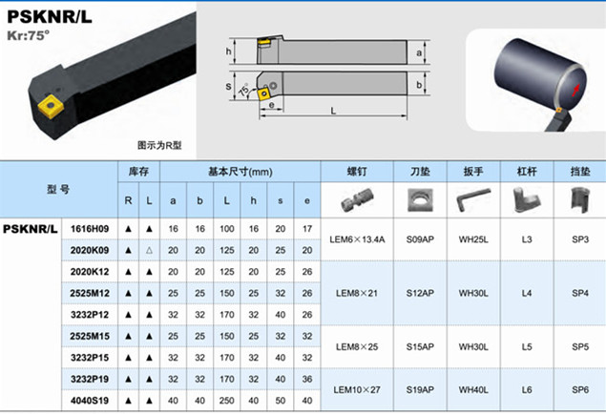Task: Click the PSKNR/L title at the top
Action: (50, 16)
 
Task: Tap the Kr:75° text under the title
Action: (29, 35)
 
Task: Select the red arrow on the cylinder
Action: (575, 90)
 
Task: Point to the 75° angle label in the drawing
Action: (244, 90)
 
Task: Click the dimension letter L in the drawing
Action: (333, 111)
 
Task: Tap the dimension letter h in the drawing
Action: (228, 52)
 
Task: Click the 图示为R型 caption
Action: (159, 145)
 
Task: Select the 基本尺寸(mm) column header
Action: (240, 172)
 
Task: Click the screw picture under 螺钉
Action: (357, 199)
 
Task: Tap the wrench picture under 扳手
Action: (473, 199)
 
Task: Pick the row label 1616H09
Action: (90, 229)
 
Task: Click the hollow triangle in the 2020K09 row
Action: (149, 250)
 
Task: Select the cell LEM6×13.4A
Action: (357, 239)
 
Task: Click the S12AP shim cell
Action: (420, 293)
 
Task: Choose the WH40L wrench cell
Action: (473, 389)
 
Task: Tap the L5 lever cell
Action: (527, 347)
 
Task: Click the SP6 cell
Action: (580, 389)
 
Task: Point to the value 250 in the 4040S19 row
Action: (227, 401)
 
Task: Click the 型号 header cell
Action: (58, 189)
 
